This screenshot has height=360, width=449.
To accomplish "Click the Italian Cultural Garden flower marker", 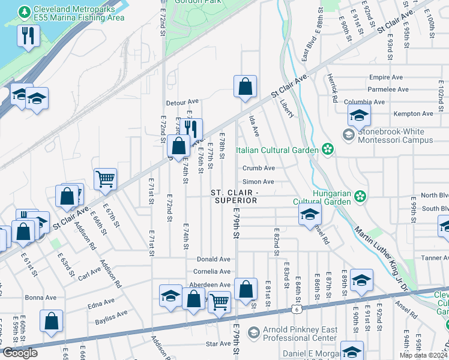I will (x=328, y=149).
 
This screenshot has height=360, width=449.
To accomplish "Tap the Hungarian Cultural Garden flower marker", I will (x=360, y=196).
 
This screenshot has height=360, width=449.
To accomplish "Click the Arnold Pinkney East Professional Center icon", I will (x=254, y=332).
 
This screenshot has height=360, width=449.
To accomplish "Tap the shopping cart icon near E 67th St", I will (x=105, y=178).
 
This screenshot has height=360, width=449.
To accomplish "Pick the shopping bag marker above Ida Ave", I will (x=245, y=87).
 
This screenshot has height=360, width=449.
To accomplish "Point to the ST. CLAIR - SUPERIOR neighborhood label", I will (x=234, y=196).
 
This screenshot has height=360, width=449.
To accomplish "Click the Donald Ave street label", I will (x=217, y=259).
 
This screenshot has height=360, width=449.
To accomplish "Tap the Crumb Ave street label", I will (x=259, y=169).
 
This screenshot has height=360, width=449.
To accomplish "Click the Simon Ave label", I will (x=258, y=182).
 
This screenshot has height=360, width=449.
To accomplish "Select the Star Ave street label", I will (x=218, y=344).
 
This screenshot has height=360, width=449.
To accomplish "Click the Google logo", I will (x=20, y=353).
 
